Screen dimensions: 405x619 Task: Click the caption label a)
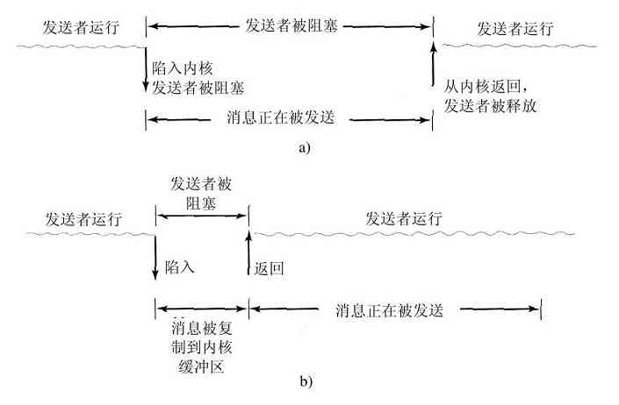[x=305, y=148]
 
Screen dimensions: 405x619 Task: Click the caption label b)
[x=305, y=381]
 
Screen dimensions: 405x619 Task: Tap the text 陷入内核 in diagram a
[x=183, y=67]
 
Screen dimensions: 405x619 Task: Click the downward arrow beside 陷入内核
[x=145, y=72]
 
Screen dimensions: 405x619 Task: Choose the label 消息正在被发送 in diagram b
[x=392, y=310]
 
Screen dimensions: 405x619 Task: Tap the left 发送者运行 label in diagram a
[x=80, y=27]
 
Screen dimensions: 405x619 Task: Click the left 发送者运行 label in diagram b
[x=72, y=217]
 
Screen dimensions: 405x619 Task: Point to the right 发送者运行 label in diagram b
[x=403, y=217]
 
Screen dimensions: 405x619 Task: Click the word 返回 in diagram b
[x=270, y=266]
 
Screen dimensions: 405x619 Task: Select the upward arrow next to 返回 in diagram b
[x=249, y=254]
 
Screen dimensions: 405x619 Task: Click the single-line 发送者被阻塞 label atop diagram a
[x=288, y=27]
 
